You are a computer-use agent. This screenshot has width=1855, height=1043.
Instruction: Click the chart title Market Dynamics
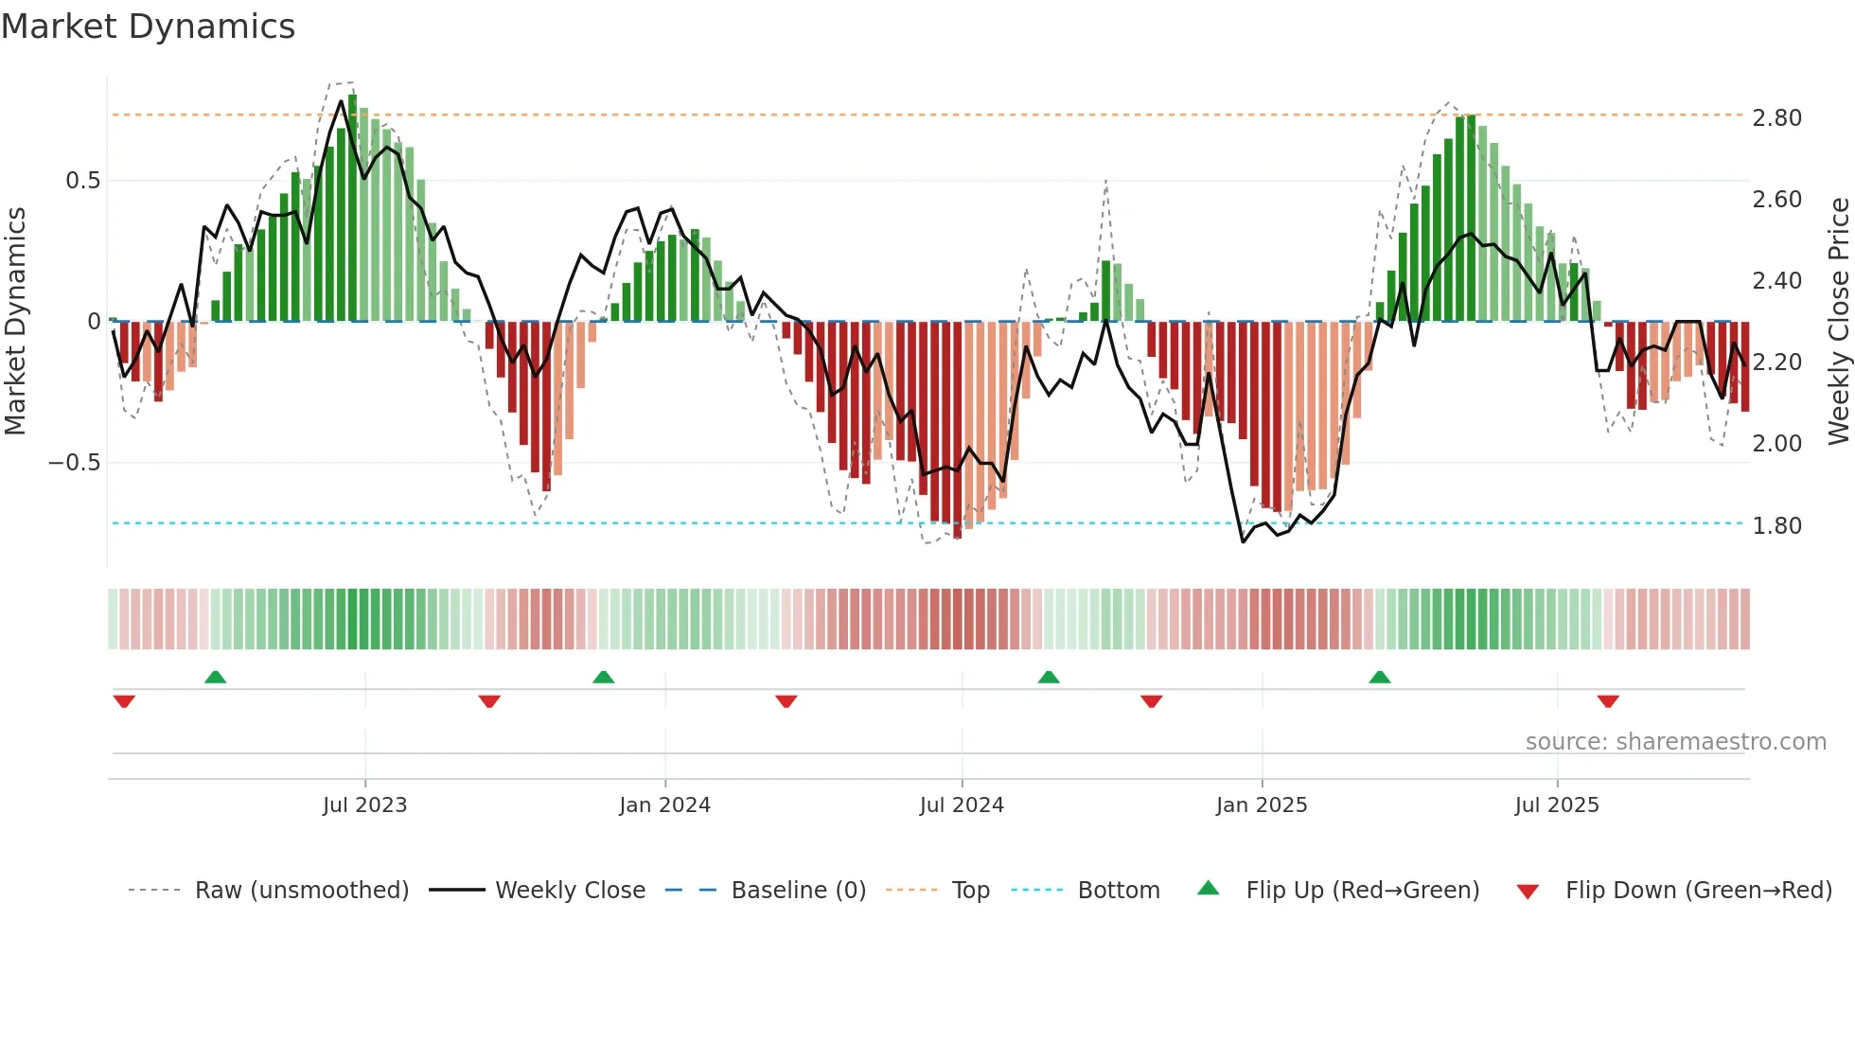coord(148,27)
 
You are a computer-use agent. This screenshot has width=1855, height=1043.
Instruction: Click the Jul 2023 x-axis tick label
coord(364,805)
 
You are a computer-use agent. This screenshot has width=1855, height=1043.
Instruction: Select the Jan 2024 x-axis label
coord(664,805)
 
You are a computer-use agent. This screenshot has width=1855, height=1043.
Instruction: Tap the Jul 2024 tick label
coord(962,805)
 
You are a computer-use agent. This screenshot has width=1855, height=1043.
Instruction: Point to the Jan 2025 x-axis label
coord(1262,805)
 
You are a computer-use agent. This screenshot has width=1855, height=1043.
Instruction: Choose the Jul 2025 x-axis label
coord(1557,805)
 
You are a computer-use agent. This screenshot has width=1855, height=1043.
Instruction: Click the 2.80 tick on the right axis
coord(1776,118)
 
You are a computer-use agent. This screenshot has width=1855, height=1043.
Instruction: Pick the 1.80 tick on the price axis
coord(1776,526)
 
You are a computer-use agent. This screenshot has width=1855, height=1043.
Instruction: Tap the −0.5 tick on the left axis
coord(74,463)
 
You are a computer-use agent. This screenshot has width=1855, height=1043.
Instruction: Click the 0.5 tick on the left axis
coord(82,181)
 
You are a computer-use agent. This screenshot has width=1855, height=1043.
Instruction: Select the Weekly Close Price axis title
coord(1838,321)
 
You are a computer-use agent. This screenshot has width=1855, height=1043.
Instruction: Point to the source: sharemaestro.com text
coord(1675,742)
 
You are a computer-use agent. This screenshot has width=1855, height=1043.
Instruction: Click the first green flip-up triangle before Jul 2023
coord(215,677)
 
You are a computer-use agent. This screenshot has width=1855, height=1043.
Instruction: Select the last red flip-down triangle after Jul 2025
coord(1608,701)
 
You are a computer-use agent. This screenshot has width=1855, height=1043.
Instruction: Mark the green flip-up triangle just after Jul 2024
coord(1049,677)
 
